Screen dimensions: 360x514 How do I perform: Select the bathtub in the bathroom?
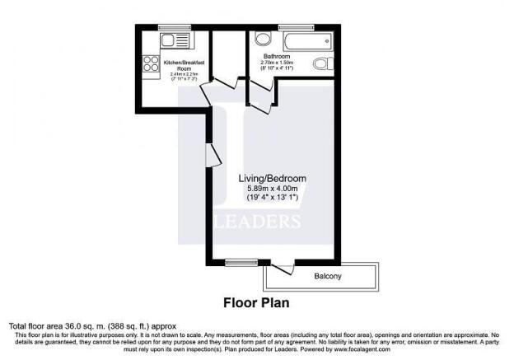coord(306,41)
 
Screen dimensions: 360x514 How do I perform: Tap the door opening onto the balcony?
coord(285,268)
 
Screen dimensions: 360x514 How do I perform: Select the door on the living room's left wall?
coord(210,153)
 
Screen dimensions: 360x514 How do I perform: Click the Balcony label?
coord(327,276)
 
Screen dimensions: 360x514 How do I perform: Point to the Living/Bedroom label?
coord(273,179)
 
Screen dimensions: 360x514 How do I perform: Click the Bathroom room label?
coord(277,56)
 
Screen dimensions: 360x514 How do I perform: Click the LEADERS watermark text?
coord(257,222)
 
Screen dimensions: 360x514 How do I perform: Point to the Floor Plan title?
coord(256,302)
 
